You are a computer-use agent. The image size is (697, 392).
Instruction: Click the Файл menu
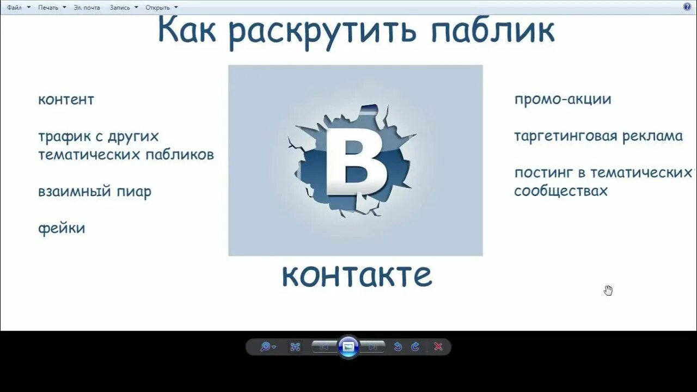[x=15, y=8]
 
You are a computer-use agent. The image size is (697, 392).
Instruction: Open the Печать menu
[x=48, y=8]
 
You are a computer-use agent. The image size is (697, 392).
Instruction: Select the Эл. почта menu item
[x=88, y=8]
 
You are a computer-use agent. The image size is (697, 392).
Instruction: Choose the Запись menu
[x=120, y=8]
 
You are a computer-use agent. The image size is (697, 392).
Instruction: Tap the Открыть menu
[x=158, y=8]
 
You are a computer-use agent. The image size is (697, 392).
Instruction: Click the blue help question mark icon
[x=687, y=7]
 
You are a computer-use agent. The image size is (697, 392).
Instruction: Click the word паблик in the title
[x=493, y=30]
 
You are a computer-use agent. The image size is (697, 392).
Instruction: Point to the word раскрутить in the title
[x=323, y=32]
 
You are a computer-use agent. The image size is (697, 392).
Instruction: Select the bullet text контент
[x=66, y=100]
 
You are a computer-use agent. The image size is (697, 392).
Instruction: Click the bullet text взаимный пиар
[x=95, y=192]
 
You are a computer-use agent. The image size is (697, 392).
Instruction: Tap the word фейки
[x=62, y=228]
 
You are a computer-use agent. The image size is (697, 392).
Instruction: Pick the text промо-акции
[x=563, y=100]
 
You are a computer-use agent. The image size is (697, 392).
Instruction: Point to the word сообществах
[x=561, y=191]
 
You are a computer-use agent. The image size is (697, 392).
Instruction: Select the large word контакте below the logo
[x=357, y=275]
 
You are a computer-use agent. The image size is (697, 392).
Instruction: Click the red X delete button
[x=438, y=347]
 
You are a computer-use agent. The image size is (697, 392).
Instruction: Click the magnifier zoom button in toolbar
[x=266, y=347]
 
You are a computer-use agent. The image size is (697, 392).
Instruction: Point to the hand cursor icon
[x=608, y=290]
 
